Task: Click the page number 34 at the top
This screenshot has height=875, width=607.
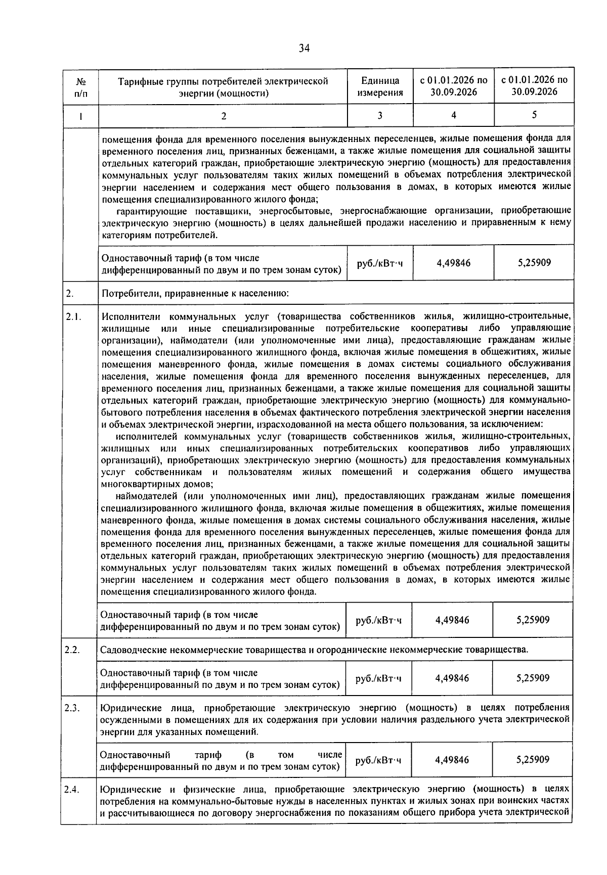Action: (303, 49)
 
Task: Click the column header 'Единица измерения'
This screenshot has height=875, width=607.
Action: (380, 86)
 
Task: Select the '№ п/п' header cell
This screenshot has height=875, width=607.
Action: (80, 86)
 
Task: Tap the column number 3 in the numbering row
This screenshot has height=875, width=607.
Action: (380, 115)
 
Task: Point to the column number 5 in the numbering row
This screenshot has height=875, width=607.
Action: (534, 115)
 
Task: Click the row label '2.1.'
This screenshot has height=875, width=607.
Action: (73, 317)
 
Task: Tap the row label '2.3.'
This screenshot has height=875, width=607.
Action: (73, 707)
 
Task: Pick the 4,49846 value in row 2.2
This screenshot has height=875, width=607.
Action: (452, 678)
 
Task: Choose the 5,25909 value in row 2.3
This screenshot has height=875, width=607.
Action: (533, 759)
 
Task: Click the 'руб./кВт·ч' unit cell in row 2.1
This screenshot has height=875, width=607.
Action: (379, 620)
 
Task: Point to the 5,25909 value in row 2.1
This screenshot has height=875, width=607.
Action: (533, 620)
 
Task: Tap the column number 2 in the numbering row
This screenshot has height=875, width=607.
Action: (223, 116)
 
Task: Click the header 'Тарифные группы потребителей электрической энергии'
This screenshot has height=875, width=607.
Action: (223, 86)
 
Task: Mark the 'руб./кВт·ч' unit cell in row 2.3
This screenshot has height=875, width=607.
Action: (378, 760)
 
